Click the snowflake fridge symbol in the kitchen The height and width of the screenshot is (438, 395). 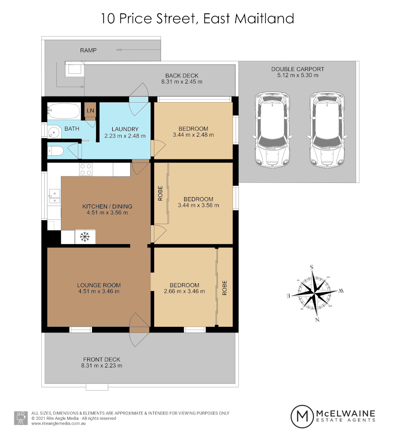85,236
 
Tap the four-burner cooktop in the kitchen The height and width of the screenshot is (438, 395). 86,169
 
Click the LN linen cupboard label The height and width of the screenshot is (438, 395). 90,111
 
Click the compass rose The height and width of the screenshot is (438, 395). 315,292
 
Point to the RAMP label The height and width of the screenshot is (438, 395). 88,50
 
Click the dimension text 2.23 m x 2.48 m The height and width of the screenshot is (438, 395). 125,136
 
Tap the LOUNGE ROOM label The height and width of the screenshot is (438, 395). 99,285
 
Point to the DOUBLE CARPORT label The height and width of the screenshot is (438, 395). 298,69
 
